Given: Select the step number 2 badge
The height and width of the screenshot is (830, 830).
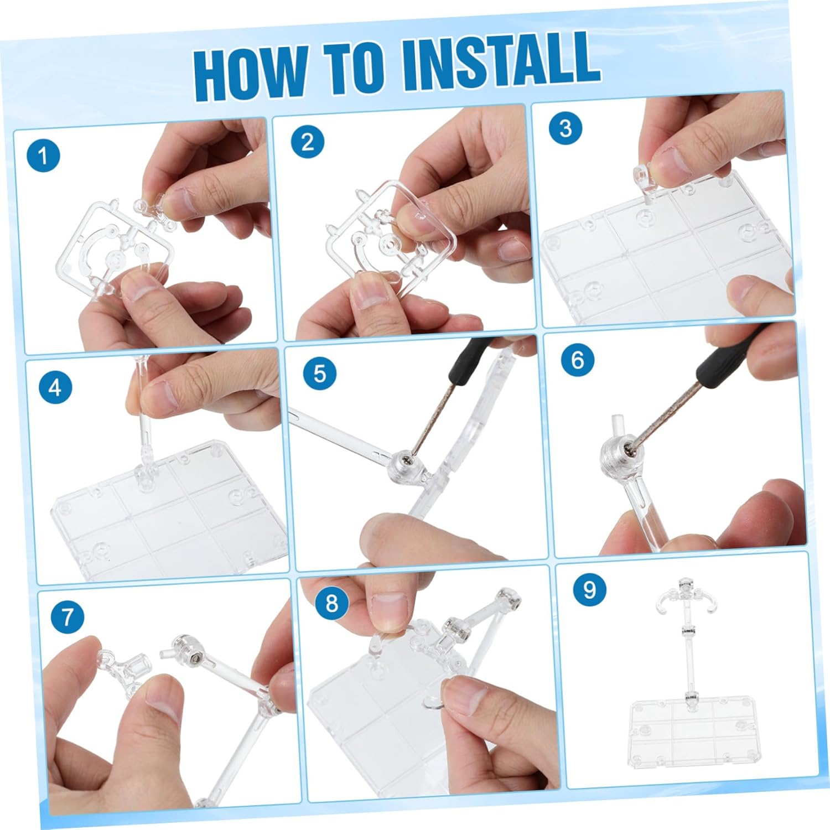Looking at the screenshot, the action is (x=308, y=142).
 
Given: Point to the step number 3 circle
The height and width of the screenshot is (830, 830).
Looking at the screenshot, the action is (x=566, y=128).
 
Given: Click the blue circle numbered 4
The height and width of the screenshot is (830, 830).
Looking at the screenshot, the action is (x=55, y=387).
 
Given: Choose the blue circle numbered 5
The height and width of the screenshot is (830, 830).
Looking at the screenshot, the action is (x=320, y=373).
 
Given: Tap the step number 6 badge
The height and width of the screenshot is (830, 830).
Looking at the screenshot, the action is (x=578, y=360).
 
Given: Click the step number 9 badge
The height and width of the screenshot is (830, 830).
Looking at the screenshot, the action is (x=590, y=589).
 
